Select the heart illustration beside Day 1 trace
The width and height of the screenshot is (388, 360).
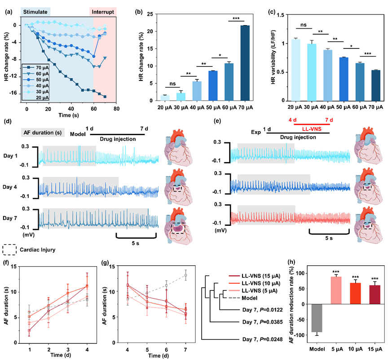coord(178,149)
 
